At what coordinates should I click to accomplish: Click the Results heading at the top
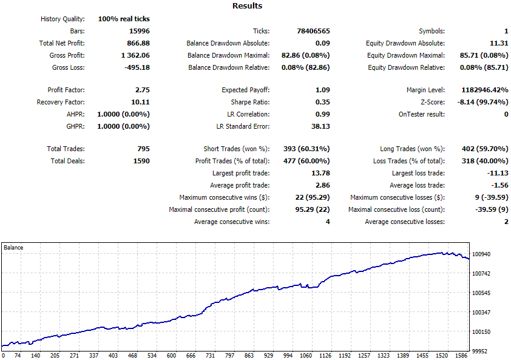pos(247,6)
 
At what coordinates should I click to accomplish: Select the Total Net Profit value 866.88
pos(138,43)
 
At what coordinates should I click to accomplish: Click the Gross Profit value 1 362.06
pos(135,55)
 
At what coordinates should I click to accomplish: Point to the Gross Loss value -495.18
pos(137,67)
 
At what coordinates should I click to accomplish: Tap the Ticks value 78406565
pos(313,31)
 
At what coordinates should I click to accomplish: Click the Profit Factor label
pos(66,90)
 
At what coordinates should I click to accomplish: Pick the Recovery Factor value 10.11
pos(140,102)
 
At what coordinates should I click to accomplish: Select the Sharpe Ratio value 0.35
pos(323,102)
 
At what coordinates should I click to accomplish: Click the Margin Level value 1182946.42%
pos(485,90)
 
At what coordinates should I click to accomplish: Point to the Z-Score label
pos(433,102)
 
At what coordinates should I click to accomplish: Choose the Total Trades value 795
pos(143,149)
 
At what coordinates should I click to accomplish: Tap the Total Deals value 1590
pos(141,161)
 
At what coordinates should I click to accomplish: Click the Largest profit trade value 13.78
pos(320,173)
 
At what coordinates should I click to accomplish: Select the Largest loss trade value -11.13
pos(498,173)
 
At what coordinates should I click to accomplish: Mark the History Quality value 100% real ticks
pos(124,19)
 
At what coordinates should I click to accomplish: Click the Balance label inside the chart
pos(13,248)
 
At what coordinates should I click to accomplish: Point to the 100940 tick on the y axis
pos(481,254)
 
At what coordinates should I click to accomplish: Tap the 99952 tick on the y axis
pos(479,351)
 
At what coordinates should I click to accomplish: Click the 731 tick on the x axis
pos(210,355)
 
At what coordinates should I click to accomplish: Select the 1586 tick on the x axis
pos(461,355)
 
